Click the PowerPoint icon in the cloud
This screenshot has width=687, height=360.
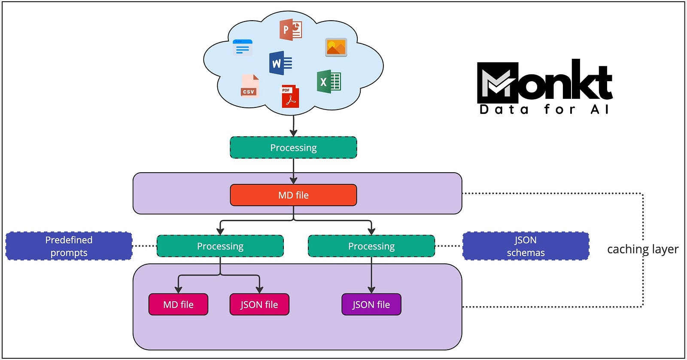click(291, 30)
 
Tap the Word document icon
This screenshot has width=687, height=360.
click(281, 63)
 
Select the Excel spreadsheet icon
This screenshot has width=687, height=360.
click(329, 82)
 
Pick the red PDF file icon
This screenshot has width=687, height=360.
click(290, 96)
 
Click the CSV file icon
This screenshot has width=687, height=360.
click(249, 85)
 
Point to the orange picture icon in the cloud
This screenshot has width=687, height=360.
click(336, 47)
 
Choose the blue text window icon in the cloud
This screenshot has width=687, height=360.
click(242, 48)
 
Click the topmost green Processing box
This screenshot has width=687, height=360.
click(294, 148)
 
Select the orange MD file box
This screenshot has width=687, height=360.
click(294, 195)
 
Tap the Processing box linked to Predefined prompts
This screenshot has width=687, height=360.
click(220, 246)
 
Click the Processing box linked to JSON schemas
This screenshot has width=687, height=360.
click(371, 246)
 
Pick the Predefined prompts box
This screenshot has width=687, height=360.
click(69, 246)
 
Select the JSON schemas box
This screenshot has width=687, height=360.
click(526, 246)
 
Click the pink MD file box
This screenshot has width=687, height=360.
click(178, 305)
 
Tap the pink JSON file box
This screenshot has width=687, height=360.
click(259, 305)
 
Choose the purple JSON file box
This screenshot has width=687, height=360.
click(371, 305)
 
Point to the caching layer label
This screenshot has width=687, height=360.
click(643, 249)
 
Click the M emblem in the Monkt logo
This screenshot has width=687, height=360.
click(498, 82)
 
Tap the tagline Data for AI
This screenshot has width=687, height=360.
click(544, 109)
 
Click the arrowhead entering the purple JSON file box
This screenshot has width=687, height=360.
click(371, 290)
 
